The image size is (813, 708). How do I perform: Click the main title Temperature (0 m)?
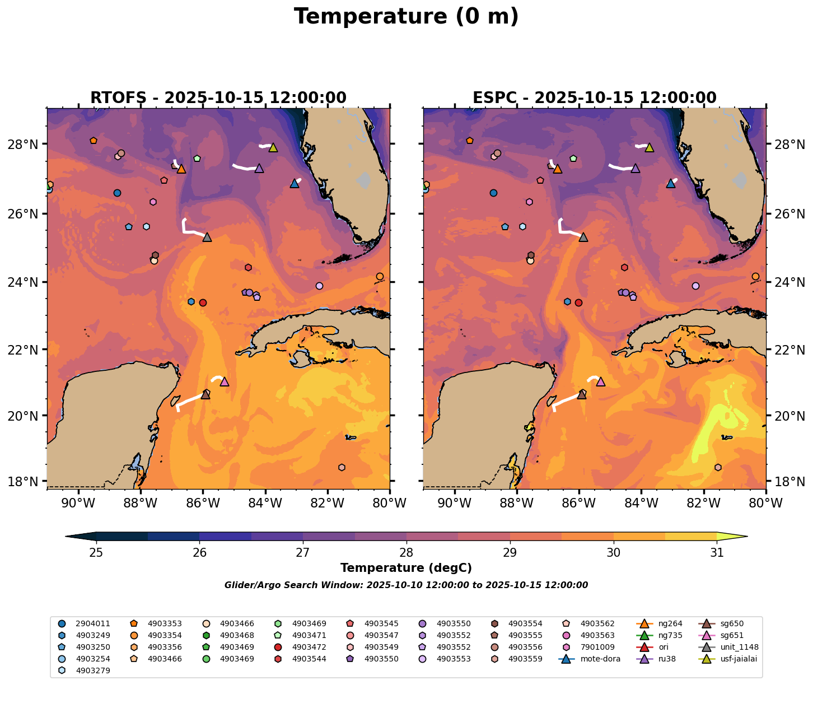click(x=406, y=17)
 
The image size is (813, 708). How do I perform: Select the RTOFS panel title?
click(x=218, y=98)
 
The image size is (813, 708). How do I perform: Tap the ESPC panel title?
click(x=595, y=98)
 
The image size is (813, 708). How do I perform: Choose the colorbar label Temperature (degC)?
click(x=406, y=568)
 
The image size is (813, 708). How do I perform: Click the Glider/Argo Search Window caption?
click(x=406, y=585)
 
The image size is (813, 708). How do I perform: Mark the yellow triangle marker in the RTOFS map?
click(x=273, y=147)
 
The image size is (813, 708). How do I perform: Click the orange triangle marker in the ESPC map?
click(x=557, y=169)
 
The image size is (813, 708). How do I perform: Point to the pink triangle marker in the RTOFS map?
click(x=225, y=381)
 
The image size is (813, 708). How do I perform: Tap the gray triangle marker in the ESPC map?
click(x=583, y=237)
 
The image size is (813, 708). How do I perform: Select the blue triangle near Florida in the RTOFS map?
click(x=295, y=183)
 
